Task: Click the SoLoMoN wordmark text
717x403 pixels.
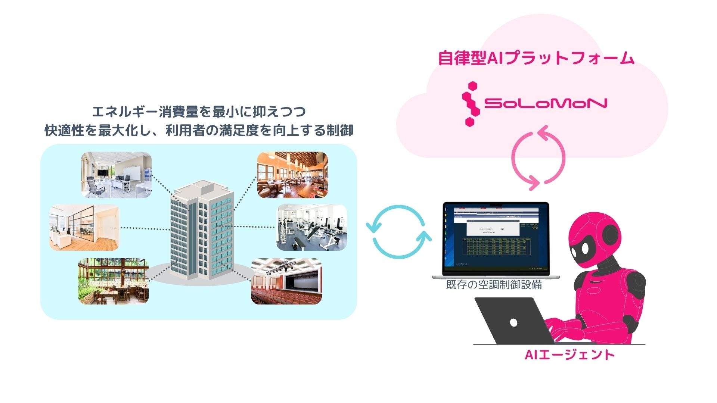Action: (545, 103)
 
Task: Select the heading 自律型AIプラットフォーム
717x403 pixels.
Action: (536, 59)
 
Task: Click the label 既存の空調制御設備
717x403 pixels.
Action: (494, 285)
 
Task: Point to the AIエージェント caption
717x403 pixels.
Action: (569, 354)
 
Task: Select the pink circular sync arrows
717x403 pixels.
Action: (538, 158)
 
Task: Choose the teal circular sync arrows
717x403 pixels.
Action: (399, 231)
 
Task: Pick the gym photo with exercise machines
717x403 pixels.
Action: (312, 228)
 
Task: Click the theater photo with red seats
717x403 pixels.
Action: (286, 281)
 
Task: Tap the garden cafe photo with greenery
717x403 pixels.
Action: (113, 281)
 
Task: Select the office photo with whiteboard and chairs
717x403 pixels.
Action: (116, 175)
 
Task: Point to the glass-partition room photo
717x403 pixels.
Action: (84, 227)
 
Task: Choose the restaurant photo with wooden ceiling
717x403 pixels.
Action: (292, 175)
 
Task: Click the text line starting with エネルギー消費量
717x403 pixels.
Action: (199, 112)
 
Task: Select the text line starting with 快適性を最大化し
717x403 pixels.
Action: (199, 131)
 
